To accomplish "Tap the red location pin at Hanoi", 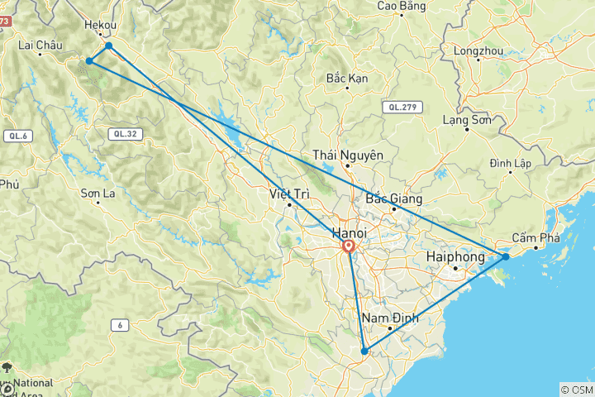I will point(349,246).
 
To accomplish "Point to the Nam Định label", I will point(388,318).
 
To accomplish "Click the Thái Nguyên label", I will point(348,155).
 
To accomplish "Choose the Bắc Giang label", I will point(393,198).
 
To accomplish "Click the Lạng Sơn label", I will point(467,120).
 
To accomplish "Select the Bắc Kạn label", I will point(347,79).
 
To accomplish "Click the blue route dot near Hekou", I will point(109,45).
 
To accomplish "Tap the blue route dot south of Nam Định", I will point(364,352).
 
